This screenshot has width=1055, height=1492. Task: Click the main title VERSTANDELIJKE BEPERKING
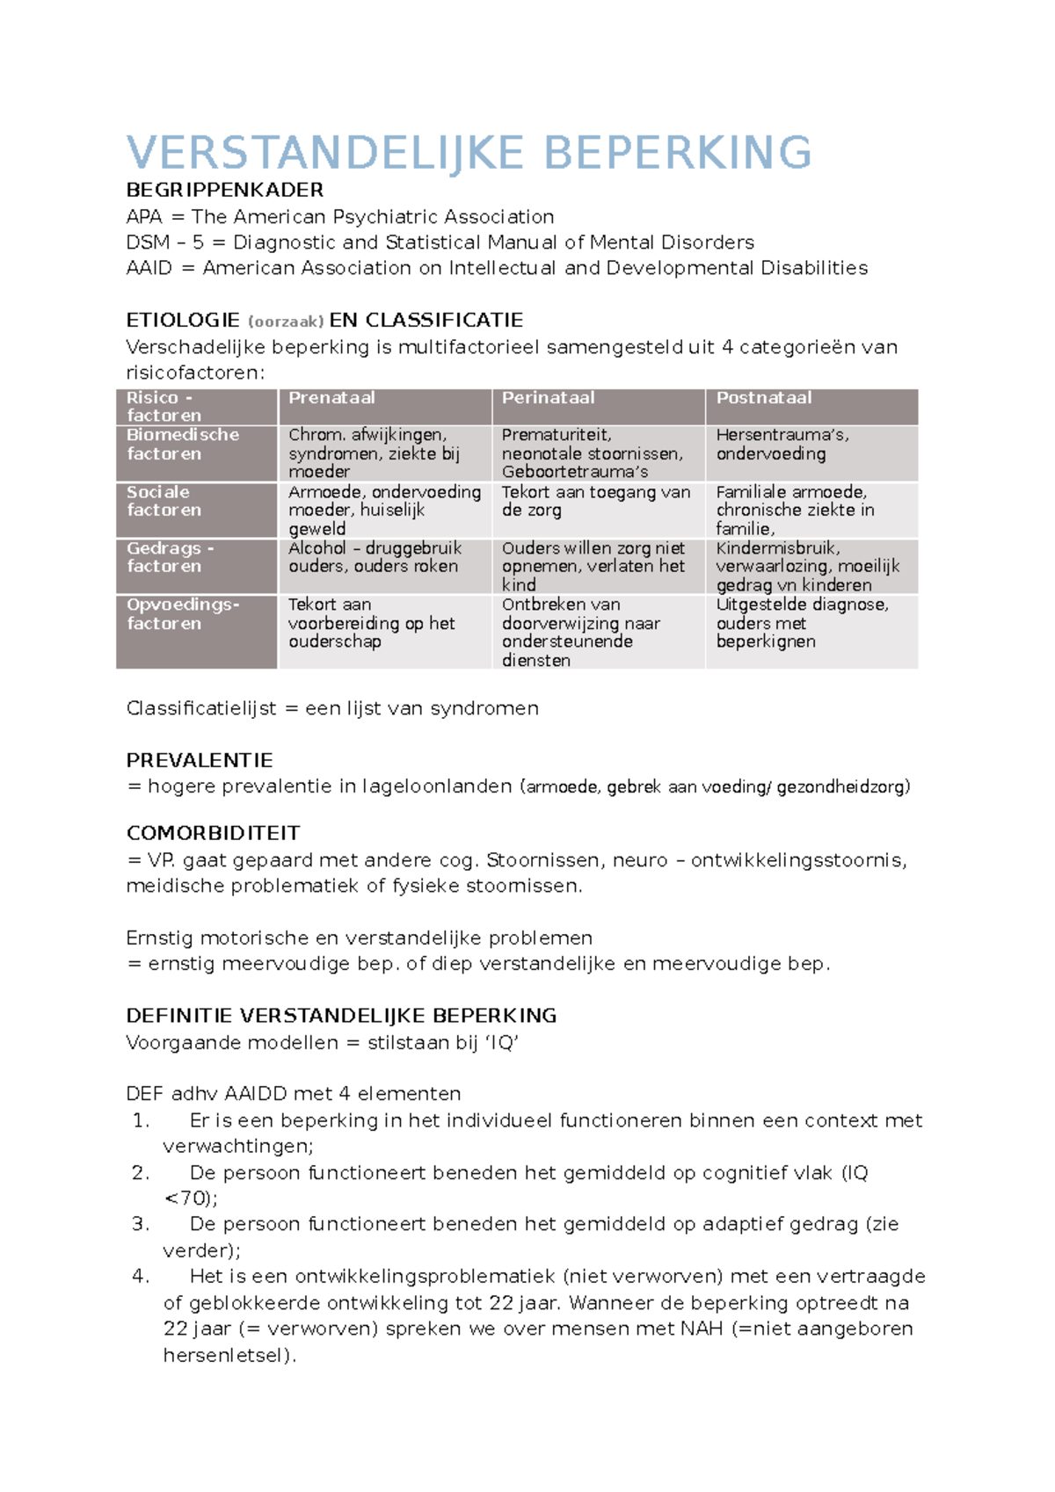coord(469,153)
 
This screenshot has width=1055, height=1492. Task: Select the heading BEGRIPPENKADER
coord(225,190)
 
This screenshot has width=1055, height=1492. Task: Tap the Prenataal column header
coord(331,398)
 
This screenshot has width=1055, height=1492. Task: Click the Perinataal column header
coord(548,398)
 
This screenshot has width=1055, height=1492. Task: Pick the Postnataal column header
coord(763,398)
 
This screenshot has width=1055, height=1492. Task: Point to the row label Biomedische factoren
coord(182,445)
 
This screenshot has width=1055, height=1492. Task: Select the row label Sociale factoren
coord(164,501)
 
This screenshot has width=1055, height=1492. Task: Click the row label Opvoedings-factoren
coord(182,614)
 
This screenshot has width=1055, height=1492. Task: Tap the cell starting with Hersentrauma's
coord(782,445)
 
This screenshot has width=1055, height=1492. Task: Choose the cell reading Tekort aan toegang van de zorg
coord(595,501)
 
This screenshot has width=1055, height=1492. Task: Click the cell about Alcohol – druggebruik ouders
coord(375,557)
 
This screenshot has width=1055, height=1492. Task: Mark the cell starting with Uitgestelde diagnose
coord(801,623)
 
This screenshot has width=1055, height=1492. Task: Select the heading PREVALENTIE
coord(200,760)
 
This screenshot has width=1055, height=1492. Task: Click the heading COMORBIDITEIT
coord(213,833)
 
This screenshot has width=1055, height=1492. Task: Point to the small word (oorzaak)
coord(286,322)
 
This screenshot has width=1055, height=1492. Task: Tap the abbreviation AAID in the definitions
coord(149,268)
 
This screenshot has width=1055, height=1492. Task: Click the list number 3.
coord(141,1224)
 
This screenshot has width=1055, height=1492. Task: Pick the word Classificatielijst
coord(201,708)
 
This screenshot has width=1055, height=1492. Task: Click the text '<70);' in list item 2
coord(191,1199)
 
